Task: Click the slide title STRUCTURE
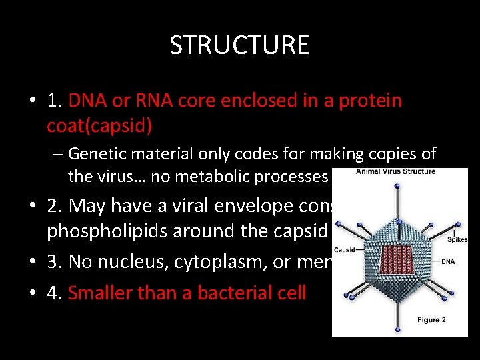[239, 45]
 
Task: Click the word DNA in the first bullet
[88, 101]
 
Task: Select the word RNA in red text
[148, 101]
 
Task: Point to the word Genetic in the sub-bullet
[97, 154]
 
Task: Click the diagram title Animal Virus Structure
[395, 172]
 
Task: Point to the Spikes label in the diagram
[458, 239]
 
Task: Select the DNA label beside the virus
[447, 262]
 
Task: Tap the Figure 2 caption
[431, 321]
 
